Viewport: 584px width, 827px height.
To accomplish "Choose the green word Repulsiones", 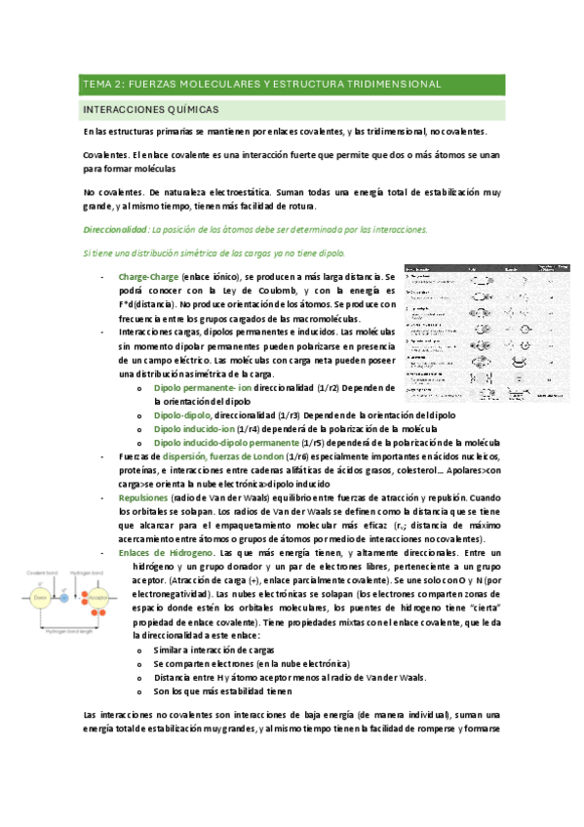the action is coord(149,497).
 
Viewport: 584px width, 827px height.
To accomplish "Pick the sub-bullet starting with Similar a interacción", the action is coord(214,650).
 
